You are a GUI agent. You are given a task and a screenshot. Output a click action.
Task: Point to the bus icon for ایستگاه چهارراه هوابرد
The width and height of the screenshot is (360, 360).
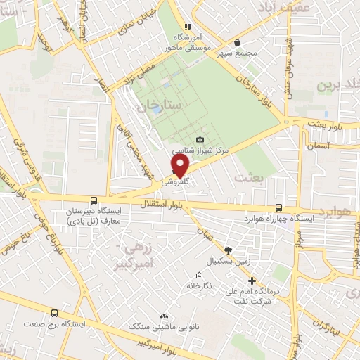pyautogui.click(x=280, y=207)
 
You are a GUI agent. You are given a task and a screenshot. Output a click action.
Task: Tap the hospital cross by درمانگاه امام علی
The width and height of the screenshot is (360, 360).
pyautogui.click(x=252, y=281)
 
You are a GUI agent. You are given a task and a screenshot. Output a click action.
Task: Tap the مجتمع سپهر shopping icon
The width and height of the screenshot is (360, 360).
pyautogui.click(x=236, y=41)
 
